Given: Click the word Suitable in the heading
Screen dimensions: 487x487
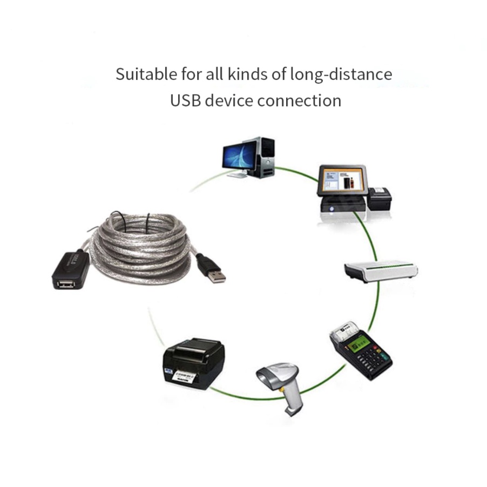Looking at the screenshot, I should (x=138, y=74).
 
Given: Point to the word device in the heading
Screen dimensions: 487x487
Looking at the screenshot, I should (x=231, y=100).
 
